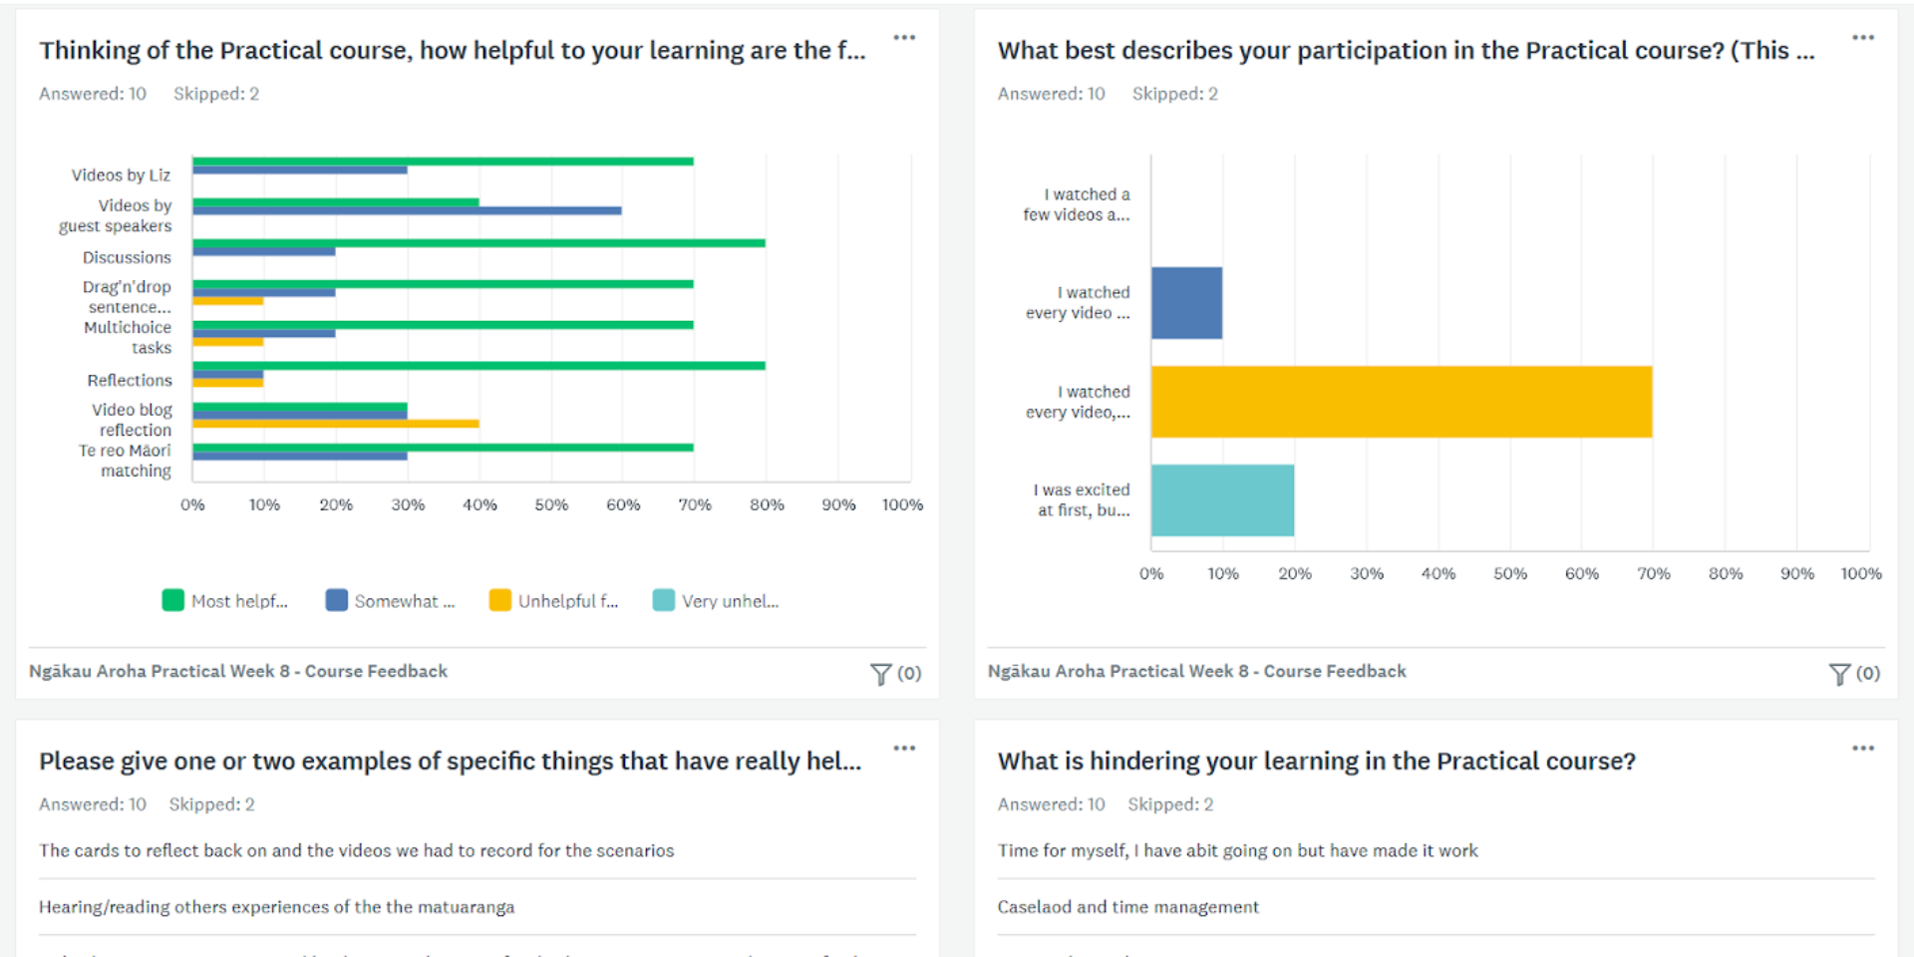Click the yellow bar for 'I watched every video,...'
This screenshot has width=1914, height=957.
[1401, 402]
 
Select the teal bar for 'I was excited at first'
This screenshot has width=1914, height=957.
[1222, 500]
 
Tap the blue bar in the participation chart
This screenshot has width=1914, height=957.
[1186, 303]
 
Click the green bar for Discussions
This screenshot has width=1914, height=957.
[478, 243]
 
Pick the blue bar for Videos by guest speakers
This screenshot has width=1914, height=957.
[407, 210]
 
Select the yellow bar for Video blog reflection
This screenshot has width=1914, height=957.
[336, 424]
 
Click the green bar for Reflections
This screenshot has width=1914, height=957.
[478, 366]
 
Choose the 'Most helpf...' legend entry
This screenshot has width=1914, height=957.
[226, 601]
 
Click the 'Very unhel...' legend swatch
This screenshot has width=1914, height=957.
[663, 600]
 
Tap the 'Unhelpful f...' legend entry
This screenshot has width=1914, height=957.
[554, 601]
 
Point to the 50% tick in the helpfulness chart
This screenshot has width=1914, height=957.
[551, 505]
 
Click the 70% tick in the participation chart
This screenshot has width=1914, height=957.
[1653, 574]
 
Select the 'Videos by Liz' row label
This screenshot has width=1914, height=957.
[121, 175]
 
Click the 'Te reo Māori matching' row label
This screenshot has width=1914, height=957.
[126, 461]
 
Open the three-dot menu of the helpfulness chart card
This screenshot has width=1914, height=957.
[904, 38]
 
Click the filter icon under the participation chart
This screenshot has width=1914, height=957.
[1839, 674]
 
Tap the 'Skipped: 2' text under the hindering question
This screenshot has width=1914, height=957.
[1170, 804]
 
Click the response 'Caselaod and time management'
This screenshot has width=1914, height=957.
[1127, 907]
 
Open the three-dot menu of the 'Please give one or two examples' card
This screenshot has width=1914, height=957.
[904, 749]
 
